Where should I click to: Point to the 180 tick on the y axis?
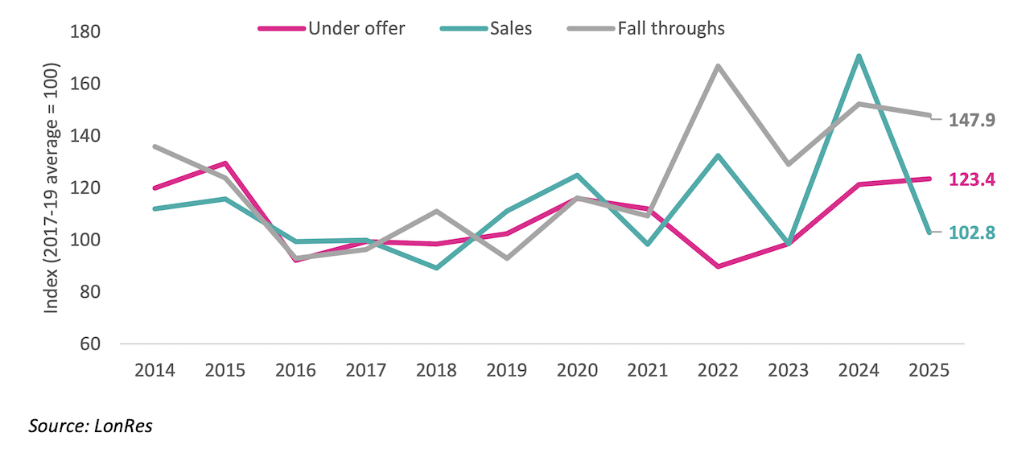point(85,32)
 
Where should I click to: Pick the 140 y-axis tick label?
point(85,136)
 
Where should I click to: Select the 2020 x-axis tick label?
point(577,370)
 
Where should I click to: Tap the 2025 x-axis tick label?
point(929,370)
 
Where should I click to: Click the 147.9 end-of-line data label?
point(972,120)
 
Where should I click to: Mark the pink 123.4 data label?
point(972,179)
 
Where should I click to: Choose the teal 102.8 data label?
point(972,233)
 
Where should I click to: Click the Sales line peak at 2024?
point(859,56)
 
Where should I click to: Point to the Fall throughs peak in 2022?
point(718,66)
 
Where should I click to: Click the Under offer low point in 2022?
point(718,266)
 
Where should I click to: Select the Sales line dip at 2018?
point(436,268)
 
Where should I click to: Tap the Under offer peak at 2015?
point(225,163)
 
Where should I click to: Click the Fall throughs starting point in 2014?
point(154,146)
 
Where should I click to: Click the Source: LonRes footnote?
point(90,426)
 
